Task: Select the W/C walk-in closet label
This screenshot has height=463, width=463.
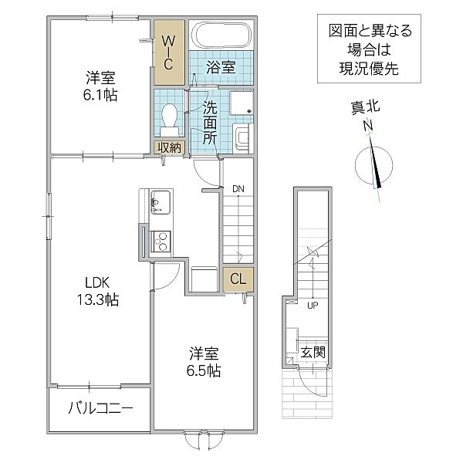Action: (x=168, y=52)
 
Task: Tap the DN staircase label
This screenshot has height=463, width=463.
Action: (x=238, y=188)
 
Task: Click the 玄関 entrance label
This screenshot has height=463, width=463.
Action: (x=313, y=352)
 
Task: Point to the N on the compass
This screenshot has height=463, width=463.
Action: (x=368, y=126)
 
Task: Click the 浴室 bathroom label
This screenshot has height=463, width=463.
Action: (x=221, y=68)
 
